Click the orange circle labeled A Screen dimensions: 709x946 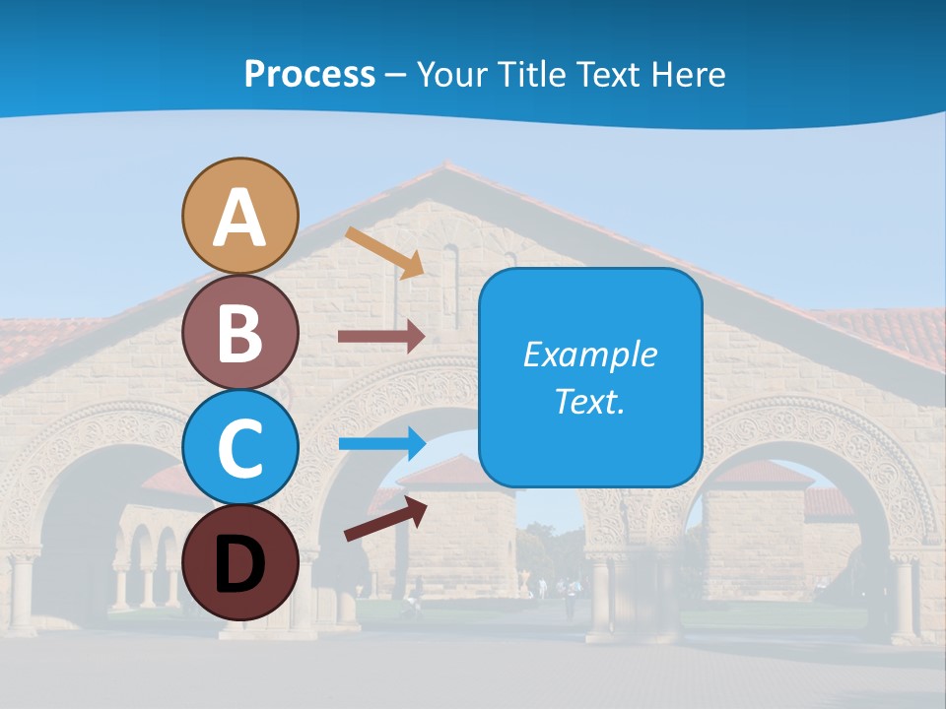coord(239,216)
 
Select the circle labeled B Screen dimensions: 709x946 coord(239,332)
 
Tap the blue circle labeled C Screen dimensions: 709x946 coord(239,447)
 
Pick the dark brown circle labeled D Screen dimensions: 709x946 coord(239,562)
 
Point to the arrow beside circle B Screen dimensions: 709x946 coord(381,336)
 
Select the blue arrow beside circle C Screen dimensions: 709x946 coord(381,443)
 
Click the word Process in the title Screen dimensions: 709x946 coord(309,74)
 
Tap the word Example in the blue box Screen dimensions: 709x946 coord(589,354)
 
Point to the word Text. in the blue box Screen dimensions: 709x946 coord(589,402)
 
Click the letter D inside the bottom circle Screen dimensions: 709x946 coord(239,564)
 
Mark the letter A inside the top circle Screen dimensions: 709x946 coord(239,218)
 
